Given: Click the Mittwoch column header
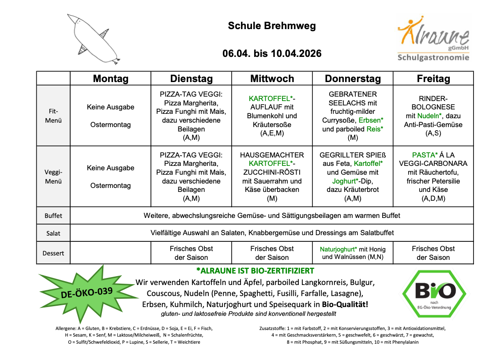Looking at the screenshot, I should click(x=272, y=79).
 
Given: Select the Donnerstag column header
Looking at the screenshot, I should click(x=353, y=79).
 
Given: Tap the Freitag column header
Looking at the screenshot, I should click(x=433, y=79).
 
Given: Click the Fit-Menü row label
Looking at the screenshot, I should click(x=53, y=116).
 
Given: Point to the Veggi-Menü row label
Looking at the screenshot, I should click(x=53, y=176).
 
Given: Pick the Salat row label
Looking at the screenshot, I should click(x=53, y=233).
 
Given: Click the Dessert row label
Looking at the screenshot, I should click(x=53, y=253).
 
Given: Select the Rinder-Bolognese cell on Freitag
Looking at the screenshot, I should click(x=433, y=116).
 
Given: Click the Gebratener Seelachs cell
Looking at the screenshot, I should click(x=353, y=116).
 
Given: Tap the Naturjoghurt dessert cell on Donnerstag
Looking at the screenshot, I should click(x=353, y=253).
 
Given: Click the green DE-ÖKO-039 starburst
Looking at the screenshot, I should click(x=87, y=292).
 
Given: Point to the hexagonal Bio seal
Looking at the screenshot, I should click(x=434, y=293).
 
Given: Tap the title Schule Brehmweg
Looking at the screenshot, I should click(x=272, y=26).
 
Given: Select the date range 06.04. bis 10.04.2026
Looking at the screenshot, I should click(x=272, y=54).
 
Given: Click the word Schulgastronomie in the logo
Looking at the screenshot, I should click(x=433, y=57).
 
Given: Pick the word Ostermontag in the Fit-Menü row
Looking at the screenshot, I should click(x=111, y=125).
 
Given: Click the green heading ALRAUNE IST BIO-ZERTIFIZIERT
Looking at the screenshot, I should click(x=255, y=270).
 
